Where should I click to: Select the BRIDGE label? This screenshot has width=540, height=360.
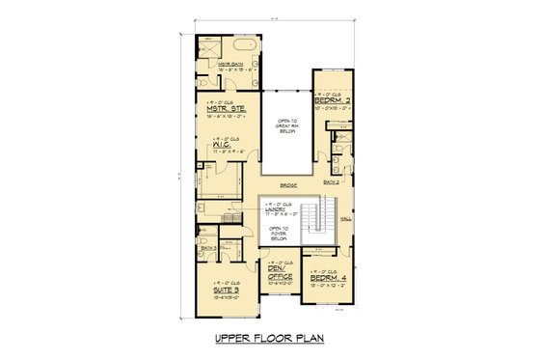286,184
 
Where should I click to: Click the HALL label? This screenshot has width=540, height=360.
346,219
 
